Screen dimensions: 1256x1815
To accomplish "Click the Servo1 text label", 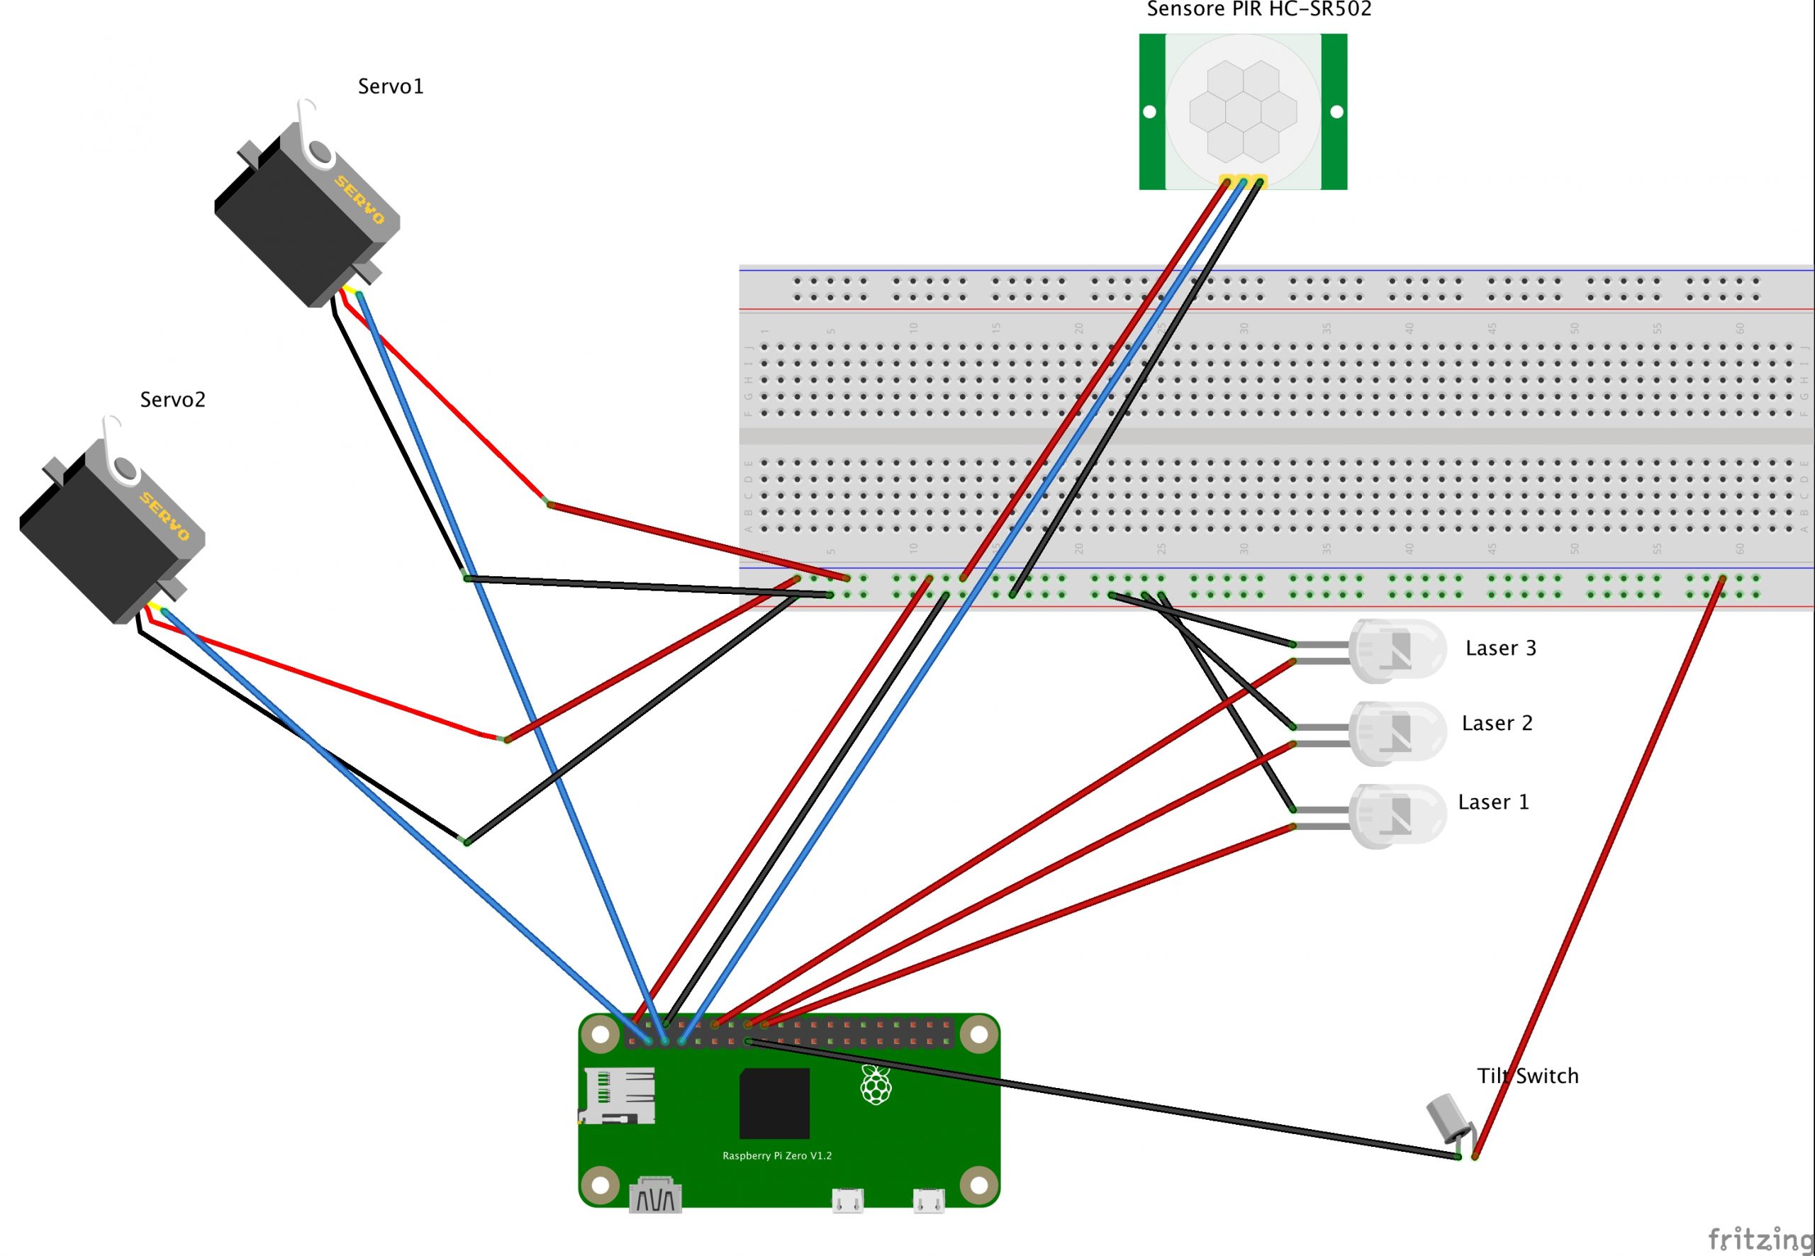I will [391, 86].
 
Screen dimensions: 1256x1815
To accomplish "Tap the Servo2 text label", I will [172, 400].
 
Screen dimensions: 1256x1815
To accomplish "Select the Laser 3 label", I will [1500, 648].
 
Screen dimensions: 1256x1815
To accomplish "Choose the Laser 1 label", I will [1493, 802].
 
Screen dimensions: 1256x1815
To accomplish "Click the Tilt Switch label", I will [1527, 1076].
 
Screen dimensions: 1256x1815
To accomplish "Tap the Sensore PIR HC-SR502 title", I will [1258, 9].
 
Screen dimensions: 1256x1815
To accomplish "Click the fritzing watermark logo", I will [1760, 1239].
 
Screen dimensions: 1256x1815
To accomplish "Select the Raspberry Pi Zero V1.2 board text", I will [777, 1156].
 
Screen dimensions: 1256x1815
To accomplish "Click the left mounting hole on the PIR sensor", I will [1149, 112].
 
